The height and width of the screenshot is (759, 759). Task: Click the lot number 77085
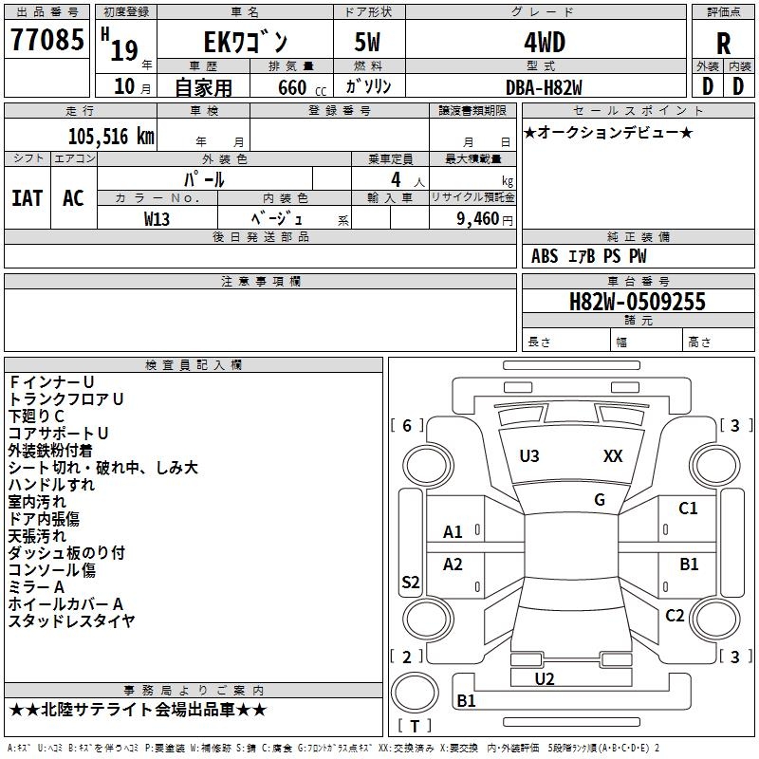coord(46,39)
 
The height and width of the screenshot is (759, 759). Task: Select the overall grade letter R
coord(723,44)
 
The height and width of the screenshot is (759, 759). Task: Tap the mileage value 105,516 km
coord(111,137)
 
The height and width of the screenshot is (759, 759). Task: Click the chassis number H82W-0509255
coord(637,302)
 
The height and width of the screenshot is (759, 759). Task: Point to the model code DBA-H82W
coord(544,87)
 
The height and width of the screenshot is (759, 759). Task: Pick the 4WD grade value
coord(545,43)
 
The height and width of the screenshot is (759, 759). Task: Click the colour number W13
coord(157,219)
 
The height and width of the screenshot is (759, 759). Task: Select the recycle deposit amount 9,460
coord(478,219)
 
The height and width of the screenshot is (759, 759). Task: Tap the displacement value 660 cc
coord(302,88)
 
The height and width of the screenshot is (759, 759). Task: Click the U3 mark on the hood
coord(529,456)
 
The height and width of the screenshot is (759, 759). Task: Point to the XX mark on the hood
coord(613,456)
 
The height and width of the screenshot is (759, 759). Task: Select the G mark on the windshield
coord(600,500)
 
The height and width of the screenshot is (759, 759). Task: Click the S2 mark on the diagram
coord(411,582)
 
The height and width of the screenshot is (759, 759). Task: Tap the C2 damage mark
coord(675,616)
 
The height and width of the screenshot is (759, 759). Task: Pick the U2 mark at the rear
coord(545,679)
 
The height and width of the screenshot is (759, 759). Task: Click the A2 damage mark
coord(453,565)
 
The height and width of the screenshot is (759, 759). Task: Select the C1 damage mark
coord(688,509)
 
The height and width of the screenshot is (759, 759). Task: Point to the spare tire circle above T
coord(415,693)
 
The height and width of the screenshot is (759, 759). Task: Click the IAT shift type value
coord(28,198)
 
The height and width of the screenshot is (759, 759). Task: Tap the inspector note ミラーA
coord(36,587)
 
